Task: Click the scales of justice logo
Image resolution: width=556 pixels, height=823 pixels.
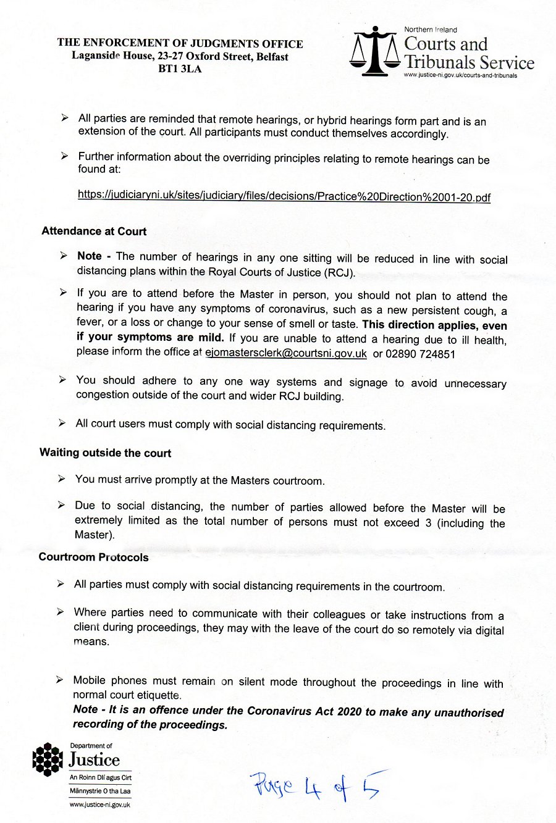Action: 374,52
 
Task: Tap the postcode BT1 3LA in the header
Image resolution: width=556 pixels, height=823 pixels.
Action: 180,69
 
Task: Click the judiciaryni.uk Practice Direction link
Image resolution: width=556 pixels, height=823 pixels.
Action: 284,196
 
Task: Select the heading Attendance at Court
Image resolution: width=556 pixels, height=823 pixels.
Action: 94,232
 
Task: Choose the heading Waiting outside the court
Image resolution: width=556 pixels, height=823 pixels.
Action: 105,453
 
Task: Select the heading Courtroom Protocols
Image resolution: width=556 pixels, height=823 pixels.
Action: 93,557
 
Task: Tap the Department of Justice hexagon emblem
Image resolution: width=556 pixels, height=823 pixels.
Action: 48,759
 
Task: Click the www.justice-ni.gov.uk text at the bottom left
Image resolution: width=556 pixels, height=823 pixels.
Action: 100,804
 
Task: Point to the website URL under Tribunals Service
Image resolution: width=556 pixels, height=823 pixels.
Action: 460,75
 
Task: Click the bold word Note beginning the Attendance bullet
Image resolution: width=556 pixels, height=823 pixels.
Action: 90,256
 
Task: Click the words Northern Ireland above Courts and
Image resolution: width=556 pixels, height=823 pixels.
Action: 431,30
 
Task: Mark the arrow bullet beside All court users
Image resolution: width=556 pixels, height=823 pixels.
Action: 62,423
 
